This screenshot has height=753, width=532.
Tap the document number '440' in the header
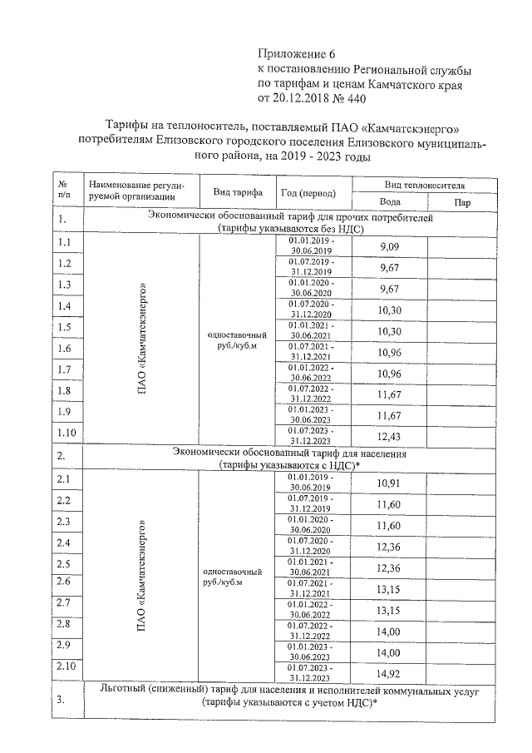[x=351, y=99]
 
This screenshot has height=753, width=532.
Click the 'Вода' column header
[x=390, y=201]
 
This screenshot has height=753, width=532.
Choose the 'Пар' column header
[x=463, y=201]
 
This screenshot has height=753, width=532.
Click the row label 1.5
[x=64, y=327]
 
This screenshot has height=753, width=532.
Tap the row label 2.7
[x=64, y=602]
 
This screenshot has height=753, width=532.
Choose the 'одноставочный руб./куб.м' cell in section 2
[x=235, y=577]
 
